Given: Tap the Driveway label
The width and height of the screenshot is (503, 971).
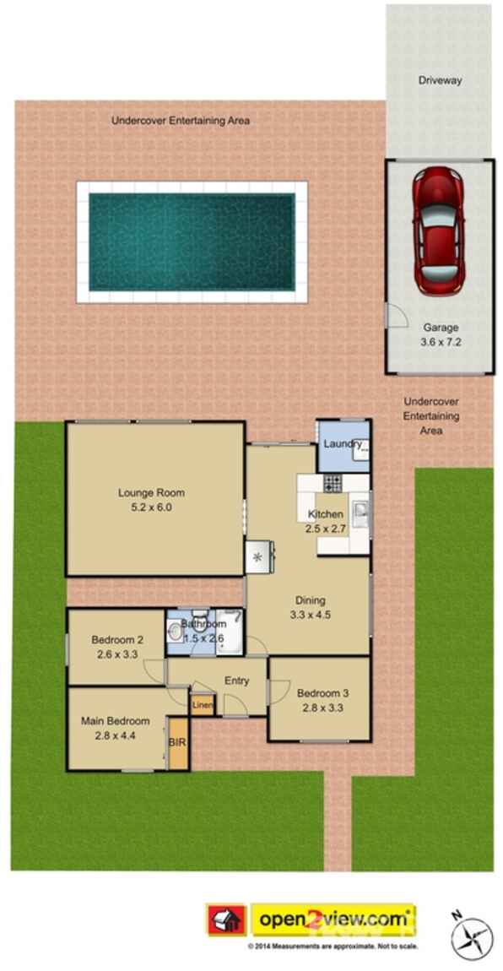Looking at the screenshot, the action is pyautogui.click(x=439, y=80).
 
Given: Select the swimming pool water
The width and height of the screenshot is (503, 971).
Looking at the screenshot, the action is pyautogui.click(x=192, y=242).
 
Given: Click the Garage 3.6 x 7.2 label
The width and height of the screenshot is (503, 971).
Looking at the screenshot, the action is pyautogui.click(x=441, y=334).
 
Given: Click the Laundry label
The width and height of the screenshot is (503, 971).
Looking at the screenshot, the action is pyautogui.click(x=342, y=444).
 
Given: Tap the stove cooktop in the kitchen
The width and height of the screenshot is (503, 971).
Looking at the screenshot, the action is pyautogui.click(x=333, y=483).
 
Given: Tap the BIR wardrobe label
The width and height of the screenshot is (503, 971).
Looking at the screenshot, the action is pyautogui.click(x=177, y=742).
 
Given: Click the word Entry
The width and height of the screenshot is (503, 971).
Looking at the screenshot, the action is pyautogui.click(x=236, y=681).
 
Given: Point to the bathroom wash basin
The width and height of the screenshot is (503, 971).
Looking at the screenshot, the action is pyautogui.click(x=175, y=632).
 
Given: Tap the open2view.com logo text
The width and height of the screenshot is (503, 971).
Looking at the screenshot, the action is pyautogui.click(x=333, y=919).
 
